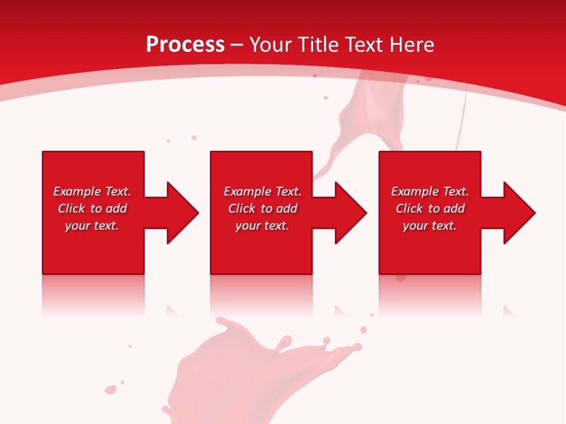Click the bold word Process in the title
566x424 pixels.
(185, 45)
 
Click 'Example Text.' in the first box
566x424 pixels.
(92, 191)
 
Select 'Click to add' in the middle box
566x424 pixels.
(262, 208)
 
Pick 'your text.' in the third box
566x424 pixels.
(429, 226)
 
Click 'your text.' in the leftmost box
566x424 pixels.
(92, 226)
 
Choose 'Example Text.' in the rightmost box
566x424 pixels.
(430, 191)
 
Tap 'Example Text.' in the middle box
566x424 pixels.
(262, 191)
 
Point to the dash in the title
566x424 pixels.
(236, 45)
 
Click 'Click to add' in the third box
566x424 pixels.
(430, 208)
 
